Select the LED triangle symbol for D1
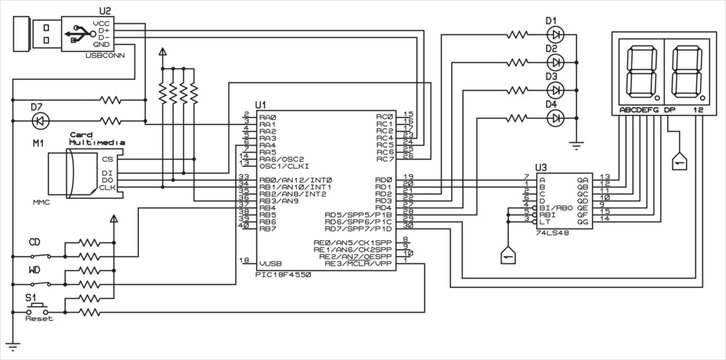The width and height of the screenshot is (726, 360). pos(557,34)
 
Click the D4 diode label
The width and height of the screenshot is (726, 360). pos(550,104)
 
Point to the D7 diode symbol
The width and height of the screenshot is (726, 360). pos(41,121)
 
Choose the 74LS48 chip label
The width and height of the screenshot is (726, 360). pos(553,232)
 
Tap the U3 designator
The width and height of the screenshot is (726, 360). pos(541,167)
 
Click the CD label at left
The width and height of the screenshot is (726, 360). pos(34,241)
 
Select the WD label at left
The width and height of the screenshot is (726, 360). pos(34,269)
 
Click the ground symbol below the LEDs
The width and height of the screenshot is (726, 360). pos(577,141)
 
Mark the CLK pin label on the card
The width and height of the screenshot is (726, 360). pos(109,188)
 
